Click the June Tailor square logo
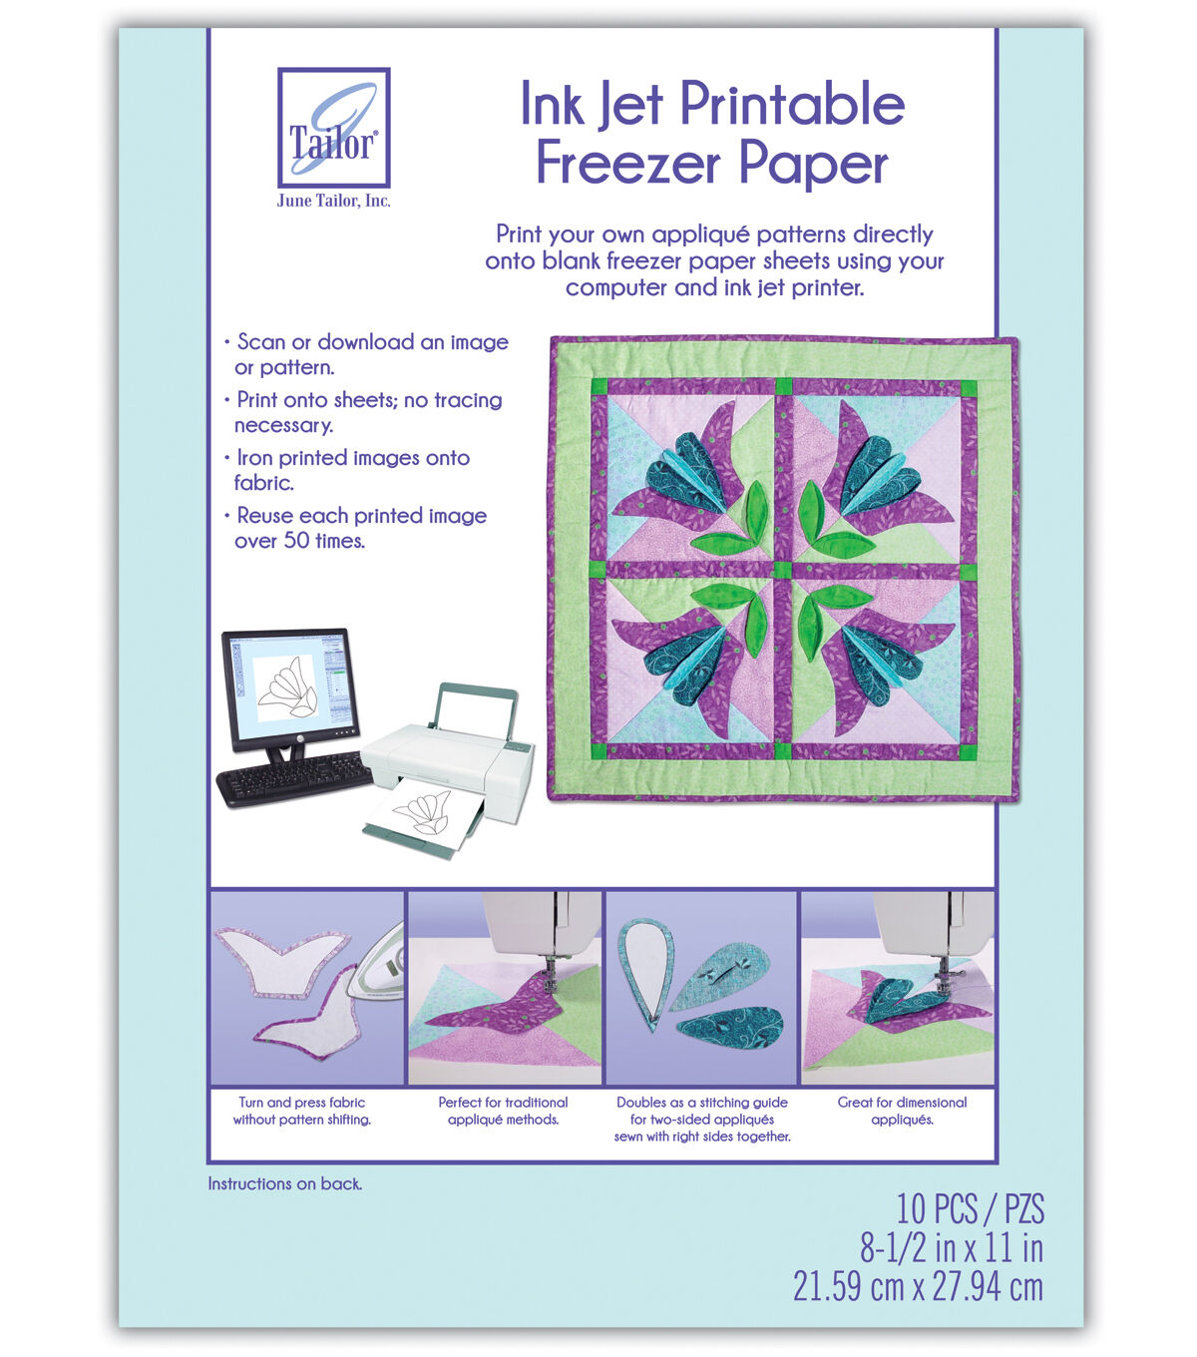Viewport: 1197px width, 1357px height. [x=333, y=128]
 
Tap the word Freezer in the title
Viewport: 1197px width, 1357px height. [x=628, y=164]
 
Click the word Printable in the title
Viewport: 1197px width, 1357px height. [x=792, y=104]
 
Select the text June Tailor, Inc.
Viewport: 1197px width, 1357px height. [x=333, y=201]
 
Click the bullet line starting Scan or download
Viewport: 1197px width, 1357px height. [x=372, y=342]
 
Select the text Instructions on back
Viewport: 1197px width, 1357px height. [x=284, y=1183]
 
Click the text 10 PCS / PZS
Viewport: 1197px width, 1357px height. [x=971, y=1209]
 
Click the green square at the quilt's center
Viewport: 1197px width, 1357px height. [x=783, y=571]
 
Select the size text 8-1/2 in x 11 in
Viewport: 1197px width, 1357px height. [x=952, y=1248]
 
